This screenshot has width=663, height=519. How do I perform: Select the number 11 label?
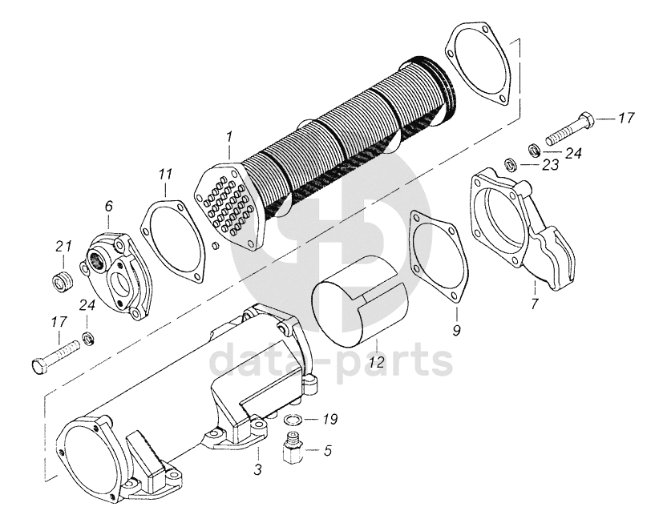pyautogui.click(x=164, y=174)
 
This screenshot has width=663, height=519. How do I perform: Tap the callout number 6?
pyautogui.click(x=107, y=207)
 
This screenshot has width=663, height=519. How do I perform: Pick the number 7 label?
pyautogui.click(x=534, y=304)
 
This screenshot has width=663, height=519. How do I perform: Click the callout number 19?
pyautogui.click(x=329, y=419)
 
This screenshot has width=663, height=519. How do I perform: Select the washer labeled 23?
pyautogui.click(x=507, y=166)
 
